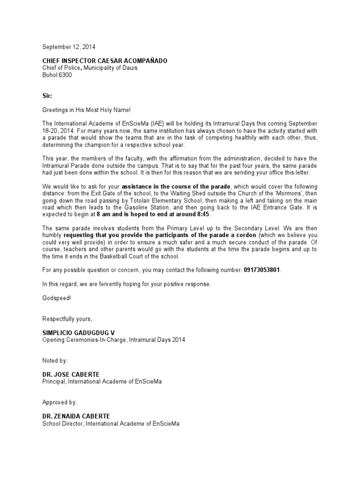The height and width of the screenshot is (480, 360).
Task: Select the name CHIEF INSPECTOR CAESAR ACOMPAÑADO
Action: coord(104,61)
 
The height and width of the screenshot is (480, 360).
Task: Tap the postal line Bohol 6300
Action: coord(58,75)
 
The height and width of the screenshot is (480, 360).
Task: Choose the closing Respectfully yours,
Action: coord(67,319)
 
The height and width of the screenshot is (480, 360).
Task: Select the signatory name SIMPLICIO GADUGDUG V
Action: coord(78,333)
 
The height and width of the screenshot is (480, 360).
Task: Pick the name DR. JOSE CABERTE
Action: coord(69,375)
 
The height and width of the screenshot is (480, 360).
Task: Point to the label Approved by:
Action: coord(60,402)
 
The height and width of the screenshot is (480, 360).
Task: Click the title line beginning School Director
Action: coord(111,423)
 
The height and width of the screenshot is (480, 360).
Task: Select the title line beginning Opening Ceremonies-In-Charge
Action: coord(114,340)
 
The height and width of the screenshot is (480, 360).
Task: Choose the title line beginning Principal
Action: coord(103,382)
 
